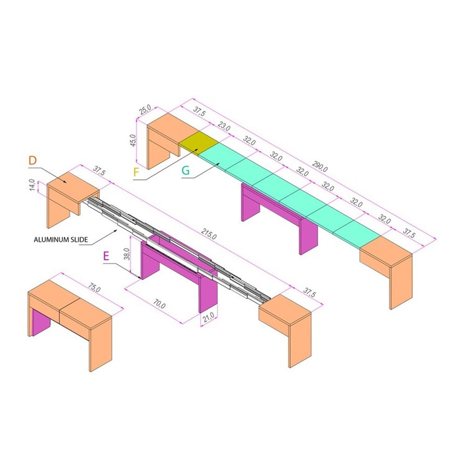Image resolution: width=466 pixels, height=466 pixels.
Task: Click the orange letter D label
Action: pos(33,162)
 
